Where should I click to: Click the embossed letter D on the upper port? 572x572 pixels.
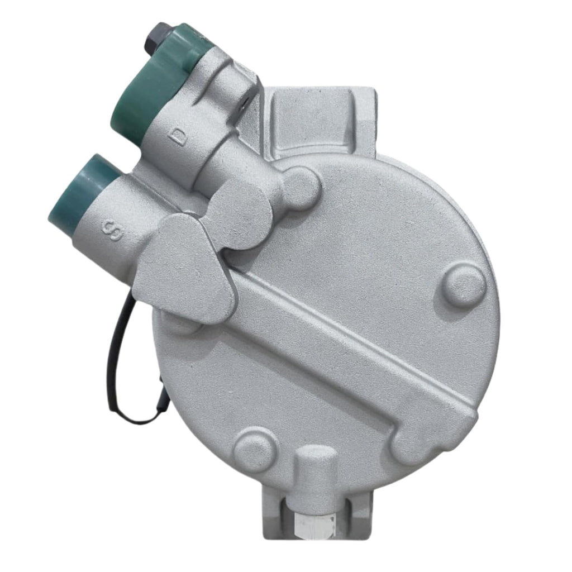[x=178, y=136]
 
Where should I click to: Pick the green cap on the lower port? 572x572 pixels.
[x=84, y=193]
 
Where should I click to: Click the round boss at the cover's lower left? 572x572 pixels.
[x=256, y=449]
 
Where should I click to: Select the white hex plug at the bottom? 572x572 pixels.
[x=315, y=525]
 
